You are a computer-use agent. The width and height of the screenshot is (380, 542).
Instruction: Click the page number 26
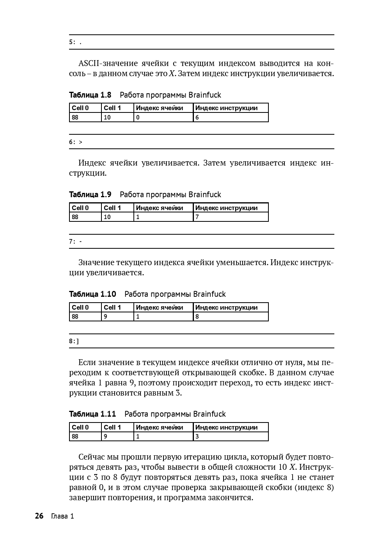tap(39, 516)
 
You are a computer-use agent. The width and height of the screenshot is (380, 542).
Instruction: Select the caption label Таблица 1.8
tap(90, 95)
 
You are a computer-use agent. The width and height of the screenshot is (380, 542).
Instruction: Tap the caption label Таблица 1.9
tap(90, 194)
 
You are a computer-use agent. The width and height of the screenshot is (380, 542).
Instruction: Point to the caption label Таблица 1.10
tap(92, 294)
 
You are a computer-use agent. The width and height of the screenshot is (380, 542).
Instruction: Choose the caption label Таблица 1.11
tap(92, 414)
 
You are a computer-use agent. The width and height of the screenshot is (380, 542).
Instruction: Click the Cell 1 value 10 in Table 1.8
tap(107, 118)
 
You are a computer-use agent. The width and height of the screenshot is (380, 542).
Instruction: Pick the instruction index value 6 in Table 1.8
tap(197, 118)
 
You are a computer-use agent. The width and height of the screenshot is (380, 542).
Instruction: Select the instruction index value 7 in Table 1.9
tap(197, 217)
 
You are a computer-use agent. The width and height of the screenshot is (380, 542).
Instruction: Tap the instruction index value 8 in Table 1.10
tap(197, 317)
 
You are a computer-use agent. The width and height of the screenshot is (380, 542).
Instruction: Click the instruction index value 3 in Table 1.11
tap(197, 437)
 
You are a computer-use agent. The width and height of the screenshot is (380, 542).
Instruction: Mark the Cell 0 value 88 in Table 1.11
tap(75, 437)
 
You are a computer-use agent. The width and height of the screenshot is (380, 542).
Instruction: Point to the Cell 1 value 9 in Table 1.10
tap(105, 317)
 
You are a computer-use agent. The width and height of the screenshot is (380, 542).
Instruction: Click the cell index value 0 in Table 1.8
tap(138, 118)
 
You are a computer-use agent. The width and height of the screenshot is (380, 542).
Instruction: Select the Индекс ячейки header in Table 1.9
tap(159, 208)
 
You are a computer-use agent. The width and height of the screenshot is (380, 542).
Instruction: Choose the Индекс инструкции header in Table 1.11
tap(226, 427)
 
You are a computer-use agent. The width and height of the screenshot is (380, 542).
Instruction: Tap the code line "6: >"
tap(76, 142)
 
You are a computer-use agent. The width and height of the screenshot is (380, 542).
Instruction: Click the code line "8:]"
tap(74, 341)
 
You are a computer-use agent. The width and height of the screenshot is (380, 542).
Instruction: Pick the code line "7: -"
tap(76, 242)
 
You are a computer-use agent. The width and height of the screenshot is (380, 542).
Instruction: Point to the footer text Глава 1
tap(62, 516)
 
